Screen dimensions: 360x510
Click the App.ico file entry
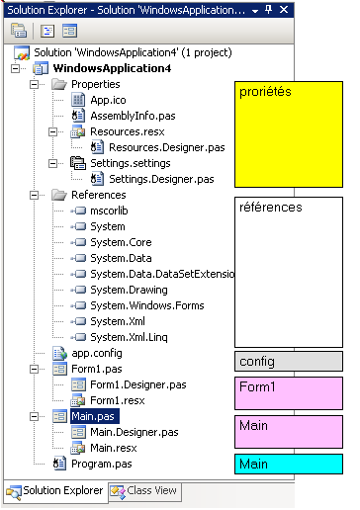pos(108,100)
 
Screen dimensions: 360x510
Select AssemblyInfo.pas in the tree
pos(133,116)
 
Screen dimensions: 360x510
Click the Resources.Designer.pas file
pos(167,147)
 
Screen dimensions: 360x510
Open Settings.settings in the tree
pos(131,163)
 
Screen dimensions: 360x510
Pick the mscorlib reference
pos(109,211)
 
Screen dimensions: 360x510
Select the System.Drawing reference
pos(129,290)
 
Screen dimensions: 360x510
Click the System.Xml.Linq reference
pos(129,337)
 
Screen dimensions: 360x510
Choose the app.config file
pos(97,353)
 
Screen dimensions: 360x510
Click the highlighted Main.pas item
pos(95,416)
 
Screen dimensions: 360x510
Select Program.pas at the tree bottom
pos(102,464)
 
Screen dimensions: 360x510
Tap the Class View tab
pos(145,491)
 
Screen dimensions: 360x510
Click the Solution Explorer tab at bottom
pos(56,491)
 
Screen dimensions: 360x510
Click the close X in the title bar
pos(284,10)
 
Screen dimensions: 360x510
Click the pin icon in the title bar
pos(269,10)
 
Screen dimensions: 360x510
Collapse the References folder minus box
pos(34,195)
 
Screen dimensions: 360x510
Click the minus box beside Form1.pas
pos(34,369)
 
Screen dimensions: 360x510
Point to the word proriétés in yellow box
pos(265,92)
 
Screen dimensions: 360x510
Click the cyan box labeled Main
pos(289,464)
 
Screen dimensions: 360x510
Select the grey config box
pos(289,362)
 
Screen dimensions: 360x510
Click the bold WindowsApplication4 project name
pos(112,68)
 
